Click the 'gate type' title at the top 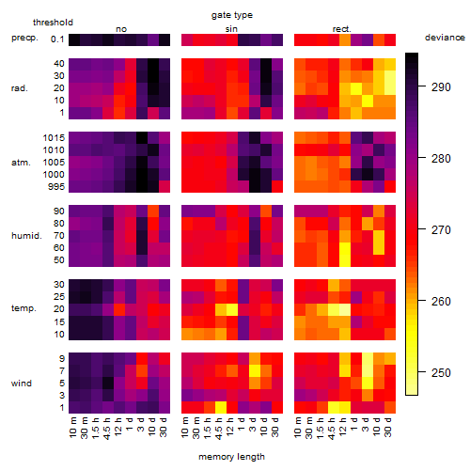[x=232, y=15]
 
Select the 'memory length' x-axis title [x=231, y=457]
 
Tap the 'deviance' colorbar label [x=445, y=38]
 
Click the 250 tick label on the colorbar [x=441, y=372]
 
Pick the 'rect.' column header [x=341, y=29]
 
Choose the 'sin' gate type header [x=231, y=29]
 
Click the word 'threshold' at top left [x=53, y=23]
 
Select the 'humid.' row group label [x=26, y=236]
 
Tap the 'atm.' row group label [x=21, y=163]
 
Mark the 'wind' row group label [x=22, y=384]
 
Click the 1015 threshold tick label [x=54, y=138]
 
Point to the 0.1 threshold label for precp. [x=57, y=39]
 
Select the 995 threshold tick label [x=56, y=187]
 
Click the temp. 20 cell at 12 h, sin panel [x=232, y=309]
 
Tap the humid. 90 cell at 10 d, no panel [x=153, y=211]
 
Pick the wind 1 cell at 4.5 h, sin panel [x=221, y=407]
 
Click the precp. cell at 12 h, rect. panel [x=345, y=39]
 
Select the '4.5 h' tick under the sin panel [x=219, y=429]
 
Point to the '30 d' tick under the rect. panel [x=388, y=427]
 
